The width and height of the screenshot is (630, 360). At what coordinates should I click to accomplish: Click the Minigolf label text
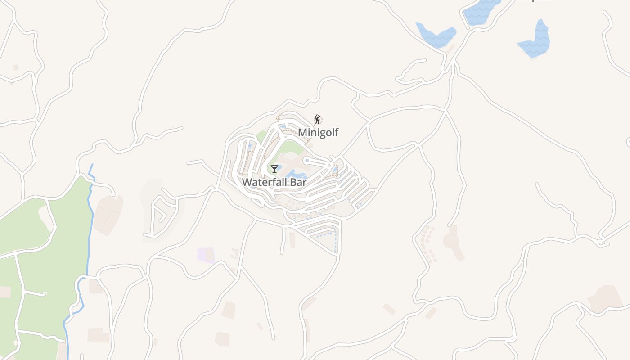[318, 132]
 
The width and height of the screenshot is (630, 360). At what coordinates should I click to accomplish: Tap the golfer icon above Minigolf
[318, 119]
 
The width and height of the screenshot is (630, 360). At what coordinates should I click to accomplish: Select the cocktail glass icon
[274, 169]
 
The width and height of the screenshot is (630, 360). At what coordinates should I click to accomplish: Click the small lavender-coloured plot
[206, 255]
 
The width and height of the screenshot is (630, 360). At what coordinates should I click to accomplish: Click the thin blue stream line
[90, 225]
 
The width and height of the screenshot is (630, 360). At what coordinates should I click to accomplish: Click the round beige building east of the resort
[451, 241]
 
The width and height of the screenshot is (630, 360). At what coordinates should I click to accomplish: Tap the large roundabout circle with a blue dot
[307, 160]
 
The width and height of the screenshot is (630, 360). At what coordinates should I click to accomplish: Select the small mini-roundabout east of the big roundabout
[329, 166]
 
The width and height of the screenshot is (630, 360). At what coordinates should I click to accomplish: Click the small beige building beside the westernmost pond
[451, 48]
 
